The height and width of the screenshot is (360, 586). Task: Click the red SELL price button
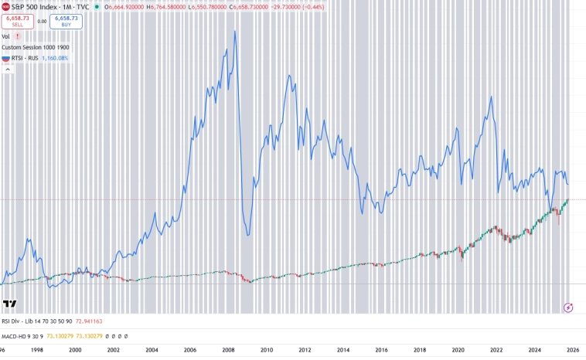[x=17, y=21]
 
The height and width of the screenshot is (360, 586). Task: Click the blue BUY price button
[x=66, y=21]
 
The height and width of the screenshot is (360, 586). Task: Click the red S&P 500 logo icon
[x=5, y=6]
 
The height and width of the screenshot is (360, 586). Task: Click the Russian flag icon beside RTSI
[x=5, y=58]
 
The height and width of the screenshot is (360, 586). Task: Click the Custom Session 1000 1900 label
[x=35, y=47]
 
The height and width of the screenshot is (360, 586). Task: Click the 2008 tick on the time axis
[x=229, y=350]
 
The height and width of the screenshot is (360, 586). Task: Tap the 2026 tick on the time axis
[x=573, y=350]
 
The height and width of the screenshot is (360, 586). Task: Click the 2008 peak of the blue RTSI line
[x=235, y=31]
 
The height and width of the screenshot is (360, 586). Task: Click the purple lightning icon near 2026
[x=569, y=307]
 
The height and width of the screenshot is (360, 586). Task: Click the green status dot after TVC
[x=96, y=6]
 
